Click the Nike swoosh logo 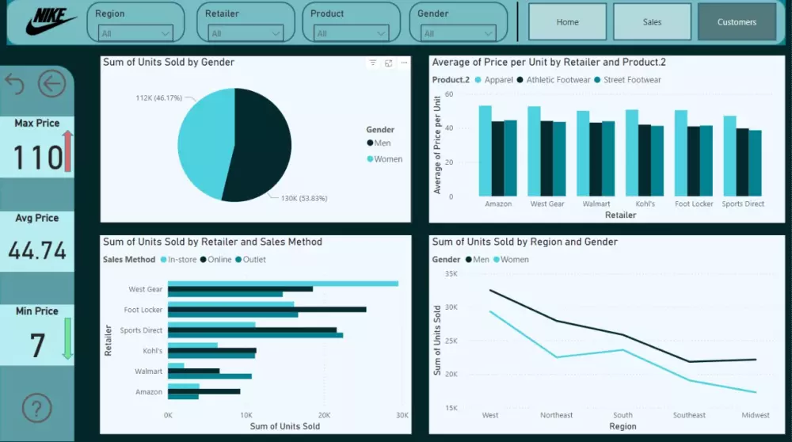point(49,22)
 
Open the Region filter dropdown point(135,33)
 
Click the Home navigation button point(567,22)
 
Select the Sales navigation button point(652,22)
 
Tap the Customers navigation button point(737,22)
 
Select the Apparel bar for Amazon point(485,151)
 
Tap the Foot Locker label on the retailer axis point(694,204)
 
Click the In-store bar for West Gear point(282,283)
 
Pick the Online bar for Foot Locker point(266,309)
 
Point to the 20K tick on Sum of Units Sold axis point(323,415)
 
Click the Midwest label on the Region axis point(755,415)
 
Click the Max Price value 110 point(37,158)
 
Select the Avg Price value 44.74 point(37,251)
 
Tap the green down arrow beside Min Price point(67,339)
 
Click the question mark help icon point(36,408)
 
